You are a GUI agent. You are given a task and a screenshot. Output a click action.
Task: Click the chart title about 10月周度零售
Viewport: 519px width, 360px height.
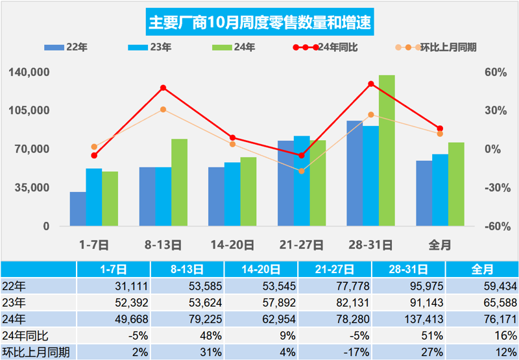259,23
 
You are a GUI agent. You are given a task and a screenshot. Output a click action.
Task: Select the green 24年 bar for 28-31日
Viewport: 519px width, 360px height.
387,150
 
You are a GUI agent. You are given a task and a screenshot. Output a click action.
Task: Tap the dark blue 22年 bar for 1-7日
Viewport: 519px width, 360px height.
78,209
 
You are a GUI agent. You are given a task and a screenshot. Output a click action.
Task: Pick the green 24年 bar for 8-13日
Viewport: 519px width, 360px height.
179,182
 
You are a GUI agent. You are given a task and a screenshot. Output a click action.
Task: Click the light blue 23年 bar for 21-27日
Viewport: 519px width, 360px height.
302,181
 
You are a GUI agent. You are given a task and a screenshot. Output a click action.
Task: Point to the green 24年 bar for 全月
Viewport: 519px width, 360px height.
456,184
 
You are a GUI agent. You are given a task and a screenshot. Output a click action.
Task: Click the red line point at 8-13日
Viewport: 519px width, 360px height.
163,88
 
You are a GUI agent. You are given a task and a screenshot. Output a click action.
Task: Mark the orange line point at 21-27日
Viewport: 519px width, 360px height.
302,171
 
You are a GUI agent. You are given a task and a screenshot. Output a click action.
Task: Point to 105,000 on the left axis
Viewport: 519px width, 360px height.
30,110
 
